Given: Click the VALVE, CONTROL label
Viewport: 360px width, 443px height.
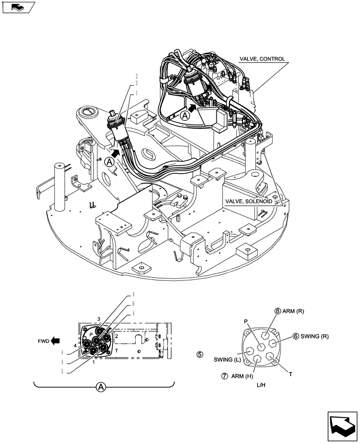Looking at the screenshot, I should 262,58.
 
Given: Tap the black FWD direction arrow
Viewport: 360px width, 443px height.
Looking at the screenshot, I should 55,341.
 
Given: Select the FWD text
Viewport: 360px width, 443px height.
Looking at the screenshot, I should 43,341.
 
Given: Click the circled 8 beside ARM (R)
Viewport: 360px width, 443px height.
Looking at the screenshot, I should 278,311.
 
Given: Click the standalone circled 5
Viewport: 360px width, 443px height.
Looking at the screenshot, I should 200,354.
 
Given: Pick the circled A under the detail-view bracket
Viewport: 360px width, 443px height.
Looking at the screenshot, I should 101,387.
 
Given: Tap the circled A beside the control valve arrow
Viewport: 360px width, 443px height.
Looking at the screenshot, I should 185,116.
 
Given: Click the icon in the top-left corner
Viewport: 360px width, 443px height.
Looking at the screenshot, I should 18,7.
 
